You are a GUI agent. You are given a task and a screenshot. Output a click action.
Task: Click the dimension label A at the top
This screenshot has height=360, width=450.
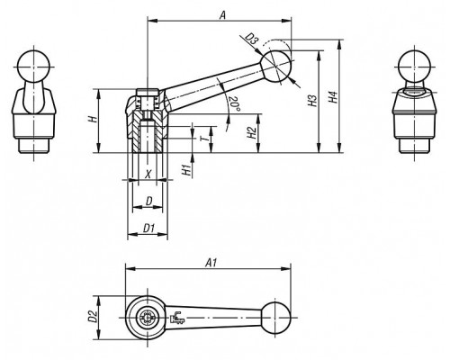pos(222,14)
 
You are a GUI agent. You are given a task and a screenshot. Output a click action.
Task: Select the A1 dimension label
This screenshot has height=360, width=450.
pos(211,263)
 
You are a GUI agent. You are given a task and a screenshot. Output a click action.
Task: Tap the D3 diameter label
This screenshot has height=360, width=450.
pos(252,40)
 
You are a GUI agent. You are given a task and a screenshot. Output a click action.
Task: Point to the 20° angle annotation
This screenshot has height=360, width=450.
pos(235,104)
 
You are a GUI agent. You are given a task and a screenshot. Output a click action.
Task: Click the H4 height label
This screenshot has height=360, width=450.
pos(333,97)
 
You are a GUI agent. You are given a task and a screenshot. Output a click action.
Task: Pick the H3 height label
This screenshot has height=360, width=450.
pos(312,101)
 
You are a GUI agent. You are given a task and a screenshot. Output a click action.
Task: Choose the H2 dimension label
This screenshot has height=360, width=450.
pos(252,132)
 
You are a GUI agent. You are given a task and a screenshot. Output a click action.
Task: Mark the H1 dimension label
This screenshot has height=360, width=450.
pos(186,170)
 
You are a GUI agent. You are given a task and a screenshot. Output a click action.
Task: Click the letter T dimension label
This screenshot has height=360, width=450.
pos(203,139)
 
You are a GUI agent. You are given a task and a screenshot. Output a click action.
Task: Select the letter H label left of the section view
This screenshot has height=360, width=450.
pos(93,119)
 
